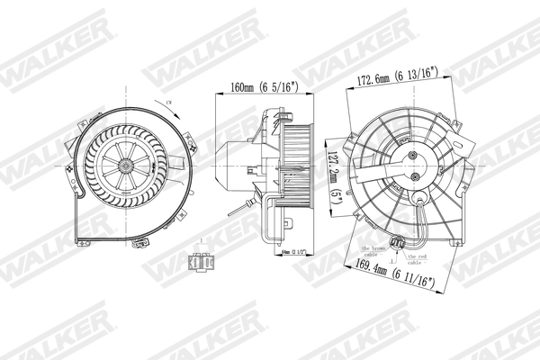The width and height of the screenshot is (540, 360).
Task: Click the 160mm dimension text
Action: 245,87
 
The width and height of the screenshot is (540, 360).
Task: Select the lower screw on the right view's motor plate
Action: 417,178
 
